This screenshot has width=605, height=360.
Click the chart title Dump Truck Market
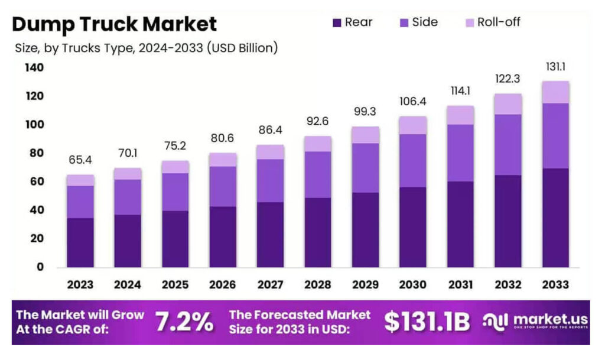[115, 24]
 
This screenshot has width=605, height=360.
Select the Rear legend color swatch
[337, 23]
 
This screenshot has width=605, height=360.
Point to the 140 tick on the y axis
[34, 68]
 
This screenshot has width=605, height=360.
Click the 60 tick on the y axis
[37, 181]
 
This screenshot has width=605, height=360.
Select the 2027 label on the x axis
[270, 285]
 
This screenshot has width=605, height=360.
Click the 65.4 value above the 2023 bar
[80, 160]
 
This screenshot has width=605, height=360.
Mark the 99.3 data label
[365, 112]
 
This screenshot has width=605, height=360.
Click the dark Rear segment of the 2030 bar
[412, 227]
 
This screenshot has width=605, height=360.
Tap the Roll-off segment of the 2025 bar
[175, 167]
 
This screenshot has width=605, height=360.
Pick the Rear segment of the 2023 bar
[80, 242]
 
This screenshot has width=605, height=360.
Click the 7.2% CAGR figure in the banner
[184, 322]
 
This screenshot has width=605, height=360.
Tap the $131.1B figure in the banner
[427, 322]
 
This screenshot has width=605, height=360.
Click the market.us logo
[535, 322]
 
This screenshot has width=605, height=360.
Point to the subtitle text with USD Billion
[146, 48]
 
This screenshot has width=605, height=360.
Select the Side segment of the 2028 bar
[318, 174]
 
